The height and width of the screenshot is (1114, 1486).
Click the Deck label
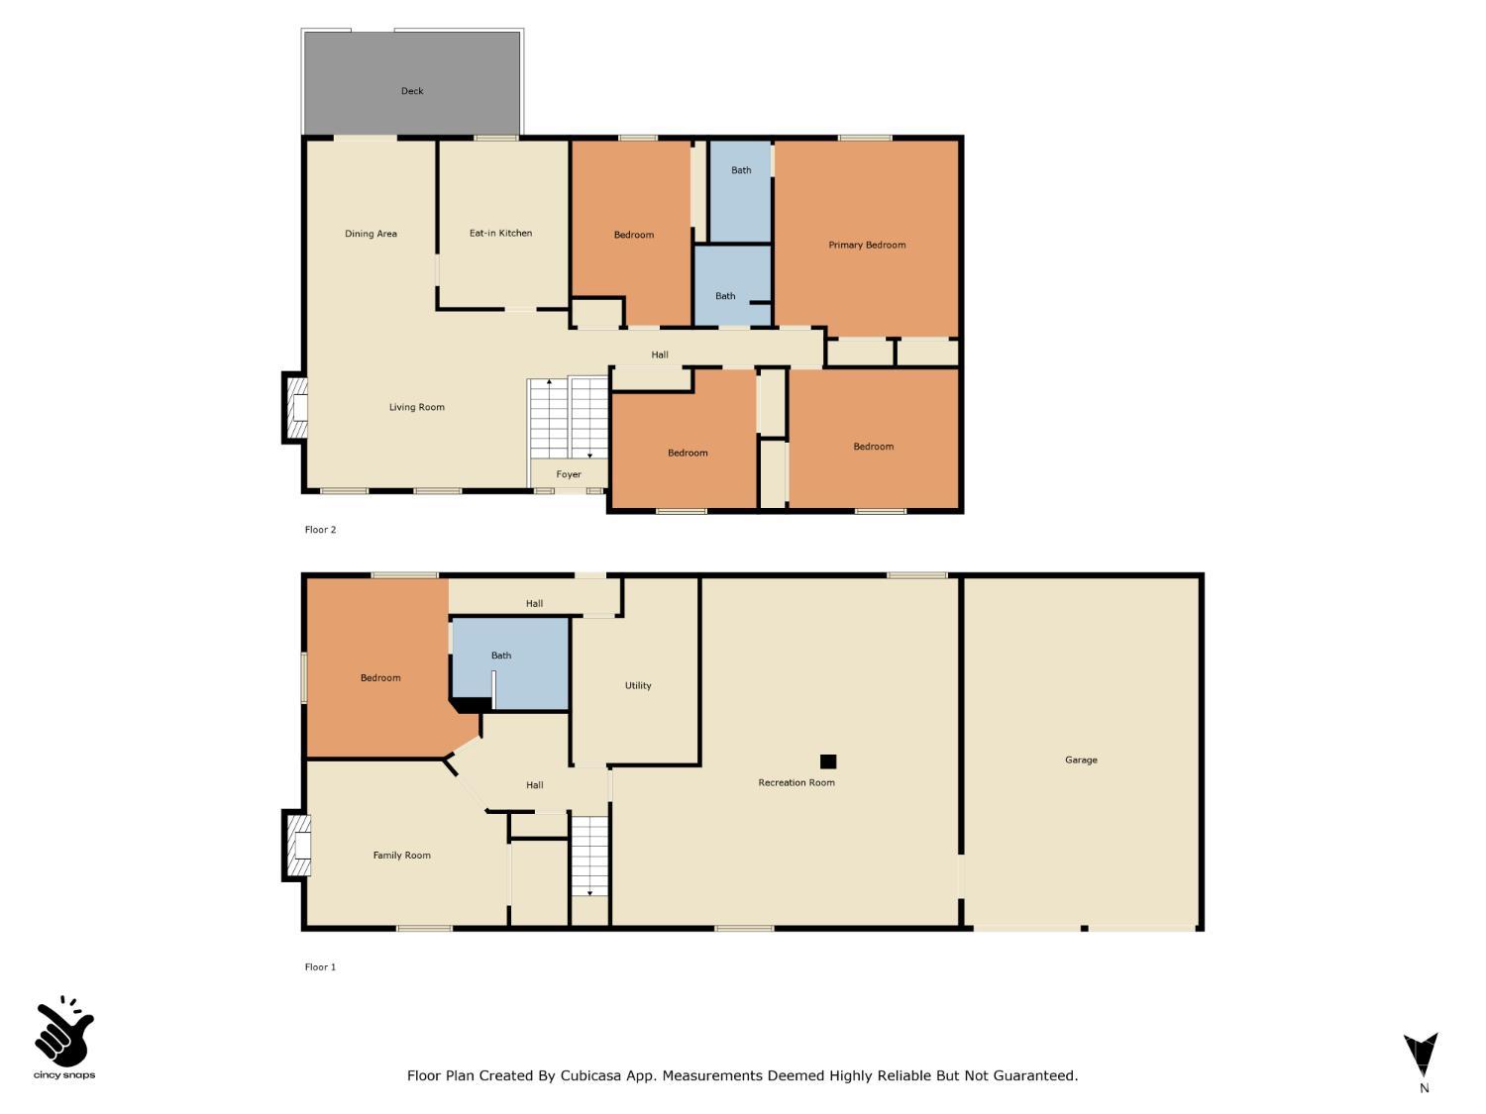pyautogui.click(x=412, y=91)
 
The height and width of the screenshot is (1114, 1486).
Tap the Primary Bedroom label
pyautogui.click(x=867, y=245)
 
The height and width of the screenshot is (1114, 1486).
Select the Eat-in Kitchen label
pyautogui.click(x=500, y=234)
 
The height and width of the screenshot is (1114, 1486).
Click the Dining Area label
pyautogui.click(x=371, y=234)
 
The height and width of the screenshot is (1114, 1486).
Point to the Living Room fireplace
pyautogui.click(x=296, y=408)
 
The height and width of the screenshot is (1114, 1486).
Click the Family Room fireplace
pyautogui.click(x=297, y=845)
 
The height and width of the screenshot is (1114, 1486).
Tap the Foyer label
pyautogui.click(x=569, y=474)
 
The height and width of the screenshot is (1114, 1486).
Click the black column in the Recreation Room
pyautogui.click(x=828, y=761)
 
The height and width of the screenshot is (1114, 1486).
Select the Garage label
pyautogui.click(x=1081, y=760)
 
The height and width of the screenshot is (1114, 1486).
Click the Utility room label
pyautogui.click(x=638, y=685)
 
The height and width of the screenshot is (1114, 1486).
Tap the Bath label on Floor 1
pyautogui.click(x=501, y=656)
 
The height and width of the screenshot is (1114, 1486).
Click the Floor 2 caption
pyautogui.click(x=320, y=530)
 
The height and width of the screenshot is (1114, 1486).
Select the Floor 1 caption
pyautogui.click(x=320, y=967)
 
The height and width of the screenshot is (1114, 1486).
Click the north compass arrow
pyautogui.click(x=1421, y=1056)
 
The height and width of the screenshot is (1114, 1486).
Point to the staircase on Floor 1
pyautogui.click(x=589, y=856)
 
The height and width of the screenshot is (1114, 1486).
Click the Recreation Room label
pyautogui.click(x=796, y=782)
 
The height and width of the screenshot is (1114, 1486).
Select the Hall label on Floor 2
pyautogui.click(x=660, y=354)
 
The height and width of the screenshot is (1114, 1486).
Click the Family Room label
pyautogui.click(x=401, y=856)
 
